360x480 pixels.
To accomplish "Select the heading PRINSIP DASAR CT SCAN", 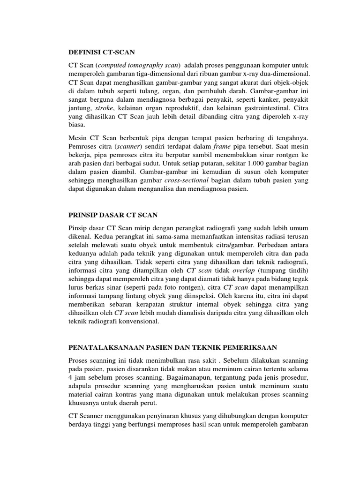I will tap(110, 215).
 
